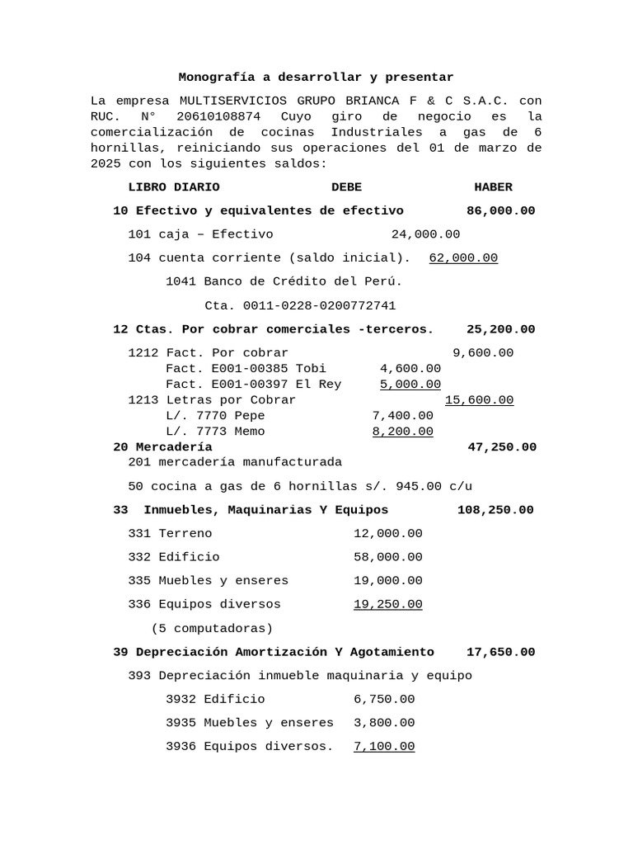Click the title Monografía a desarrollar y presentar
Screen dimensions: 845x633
[316, 78]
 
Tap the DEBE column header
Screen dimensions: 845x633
[346, 187]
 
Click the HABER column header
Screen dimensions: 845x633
[493, 187]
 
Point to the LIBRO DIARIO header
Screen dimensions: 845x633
[174, 187]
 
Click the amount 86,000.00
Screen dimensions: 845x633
[500, 211]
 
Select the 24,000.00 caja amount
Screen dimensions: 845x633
[425, 234]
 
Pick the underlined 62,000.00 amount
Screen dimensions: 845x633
[463, 258]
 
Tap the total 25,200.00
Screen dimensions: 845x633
[500, 329]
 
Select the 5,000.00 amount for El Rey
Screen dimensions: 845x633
[410, 385]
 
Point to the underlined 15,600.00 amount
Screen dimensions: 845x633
[479, 400]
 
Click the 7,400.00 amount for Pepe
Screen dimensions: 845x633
[402, 416]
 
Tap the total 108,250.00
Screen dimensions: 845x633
[495, 510]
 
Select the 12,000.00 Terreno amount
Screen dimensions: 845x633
[387, 534]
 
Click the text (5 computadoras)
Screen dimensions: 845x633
[213, 628]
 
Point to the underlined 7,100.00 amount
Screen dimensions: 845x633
[384, 747]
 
